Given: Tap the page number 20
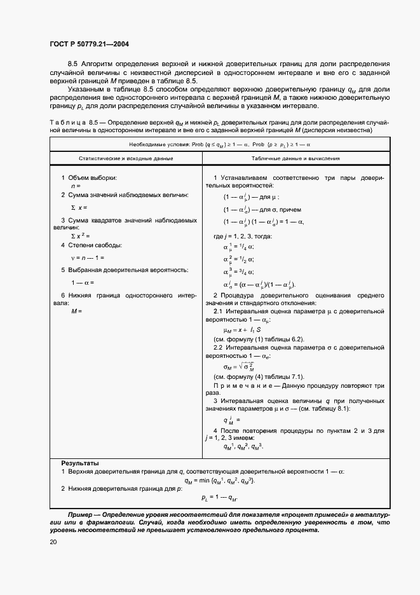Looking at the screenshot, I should pos(53,541).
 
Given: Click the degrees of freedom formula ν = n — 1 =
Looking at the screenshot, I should pos(87,257).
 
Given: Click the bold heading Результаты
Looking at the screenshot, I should pos(79,463).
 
